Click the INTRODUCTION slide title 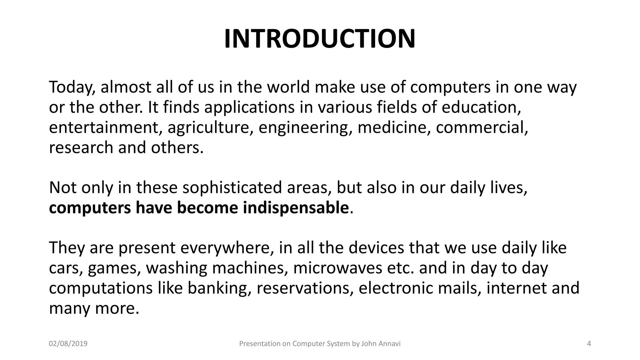320,39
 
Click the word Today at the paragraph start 71,87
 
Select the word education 481,107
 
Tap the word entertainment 105,127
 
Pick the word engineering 303,127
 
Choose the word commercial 482,127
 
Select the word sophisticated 232,188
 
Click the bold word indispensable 295,208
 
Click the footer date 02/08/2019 68,344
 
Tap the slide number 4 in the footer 589,344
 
